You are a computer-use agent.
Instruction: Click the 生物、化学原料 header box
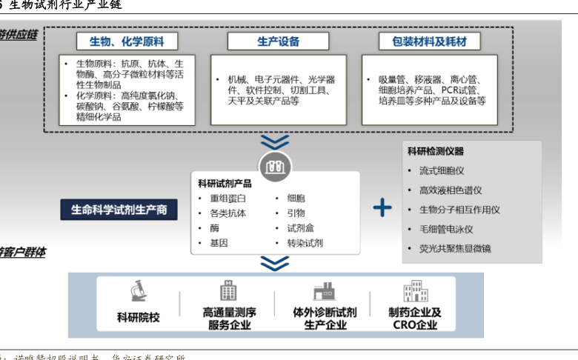[127, 41]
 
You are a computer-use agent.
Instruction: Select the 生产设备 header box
[278, 41]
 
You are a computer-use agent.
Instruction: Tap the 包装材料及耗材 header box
[430, 41]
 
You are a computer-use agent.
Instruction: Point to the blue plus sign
[382, 207]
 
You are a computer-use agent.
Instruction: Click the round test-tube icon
[276, 167]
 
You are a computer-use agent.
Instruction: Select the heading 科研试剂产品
[225, 184]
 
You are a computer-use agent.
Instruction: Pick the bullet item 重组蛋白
[228, 199]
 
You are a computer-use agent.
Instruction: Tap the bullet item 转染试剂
[305, 243]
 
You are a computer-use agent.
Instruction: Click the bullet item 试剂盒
[299, 228]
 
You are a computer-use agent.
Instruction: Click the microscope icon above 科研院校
[138, 290]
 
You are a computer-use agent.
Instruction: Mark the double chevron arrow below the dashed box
[275, 141]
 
